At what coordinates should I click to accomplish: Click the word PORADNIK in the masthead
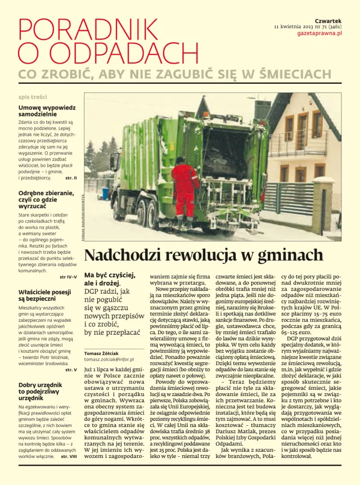coord(88,29)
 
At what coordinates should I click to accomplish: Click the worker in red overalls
coord(185,188)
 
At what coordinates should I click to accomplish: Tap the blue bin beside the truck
coord(105,194)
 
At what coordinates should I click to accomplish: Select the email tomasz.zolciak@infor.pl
coord(109,359)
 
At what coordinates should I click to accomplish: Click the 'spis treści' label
coord(33,97)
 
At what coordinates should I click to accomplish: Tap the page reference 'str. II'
coord(71,178)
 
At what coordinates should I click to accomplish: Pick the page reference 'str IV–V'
coord(67,277)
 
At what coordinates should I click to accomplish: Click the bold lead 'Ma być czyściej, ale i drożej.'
coord(110,279)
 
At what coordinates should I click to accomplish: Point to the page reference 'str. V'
coord(71,370)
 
